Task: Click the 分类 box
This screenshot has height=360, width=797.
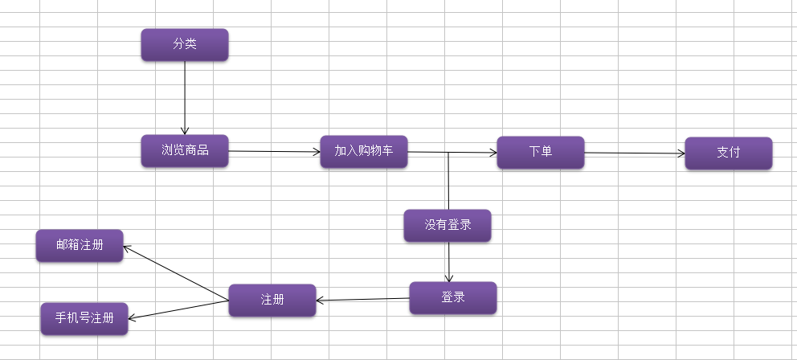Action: [x=185, y=44]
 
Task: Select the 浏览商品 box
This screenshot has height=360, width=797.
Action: [x=185, y=150]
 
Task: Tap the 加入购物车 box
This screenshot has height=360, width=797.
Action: [x=364, y=151]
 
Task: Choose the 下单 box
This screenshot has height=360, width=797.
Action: [x=541, y=152]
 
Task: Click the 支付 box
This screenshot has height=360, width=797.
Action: [x=729, y=153]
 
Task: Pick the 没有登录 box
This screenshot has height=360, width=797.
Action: [x=448, y=225]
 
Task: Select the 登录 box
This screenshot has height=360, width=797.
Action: [x=453, y=297]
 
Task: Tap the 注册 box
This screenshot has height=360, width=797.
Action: [x=272, y=300]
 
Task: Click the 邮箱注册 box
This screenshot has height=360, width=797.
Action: [x=80, y=245]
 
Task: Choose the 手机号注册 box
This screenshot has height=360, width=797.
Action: [x=84, y=318]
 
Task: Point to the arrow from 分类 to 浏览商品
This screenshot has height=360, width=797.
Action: [x=185, y=96]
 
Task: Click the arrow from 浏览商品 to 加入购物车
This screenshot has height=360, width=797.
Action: [x=273, y=151]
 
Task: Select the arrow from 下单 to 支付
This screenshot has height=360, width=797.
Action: [x=635, y=153]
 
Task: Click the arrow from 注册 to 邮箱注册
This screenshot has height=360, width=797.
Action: [x=177, y=273]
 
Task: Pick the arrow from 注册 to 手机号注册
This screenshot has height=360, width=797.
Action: [x=178, y=309]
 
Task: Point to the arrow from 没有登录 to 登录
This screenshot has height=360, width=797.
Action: [x=448, y=261]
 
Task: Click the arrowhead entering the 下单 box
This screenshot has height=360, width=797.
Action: [x=493, y=153]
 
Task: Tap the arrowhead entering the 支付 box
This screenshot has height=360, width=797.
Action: [x=681, y=153]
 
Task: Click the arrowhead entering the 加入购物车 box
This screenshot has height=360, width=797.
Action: [x=316, y=151]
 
